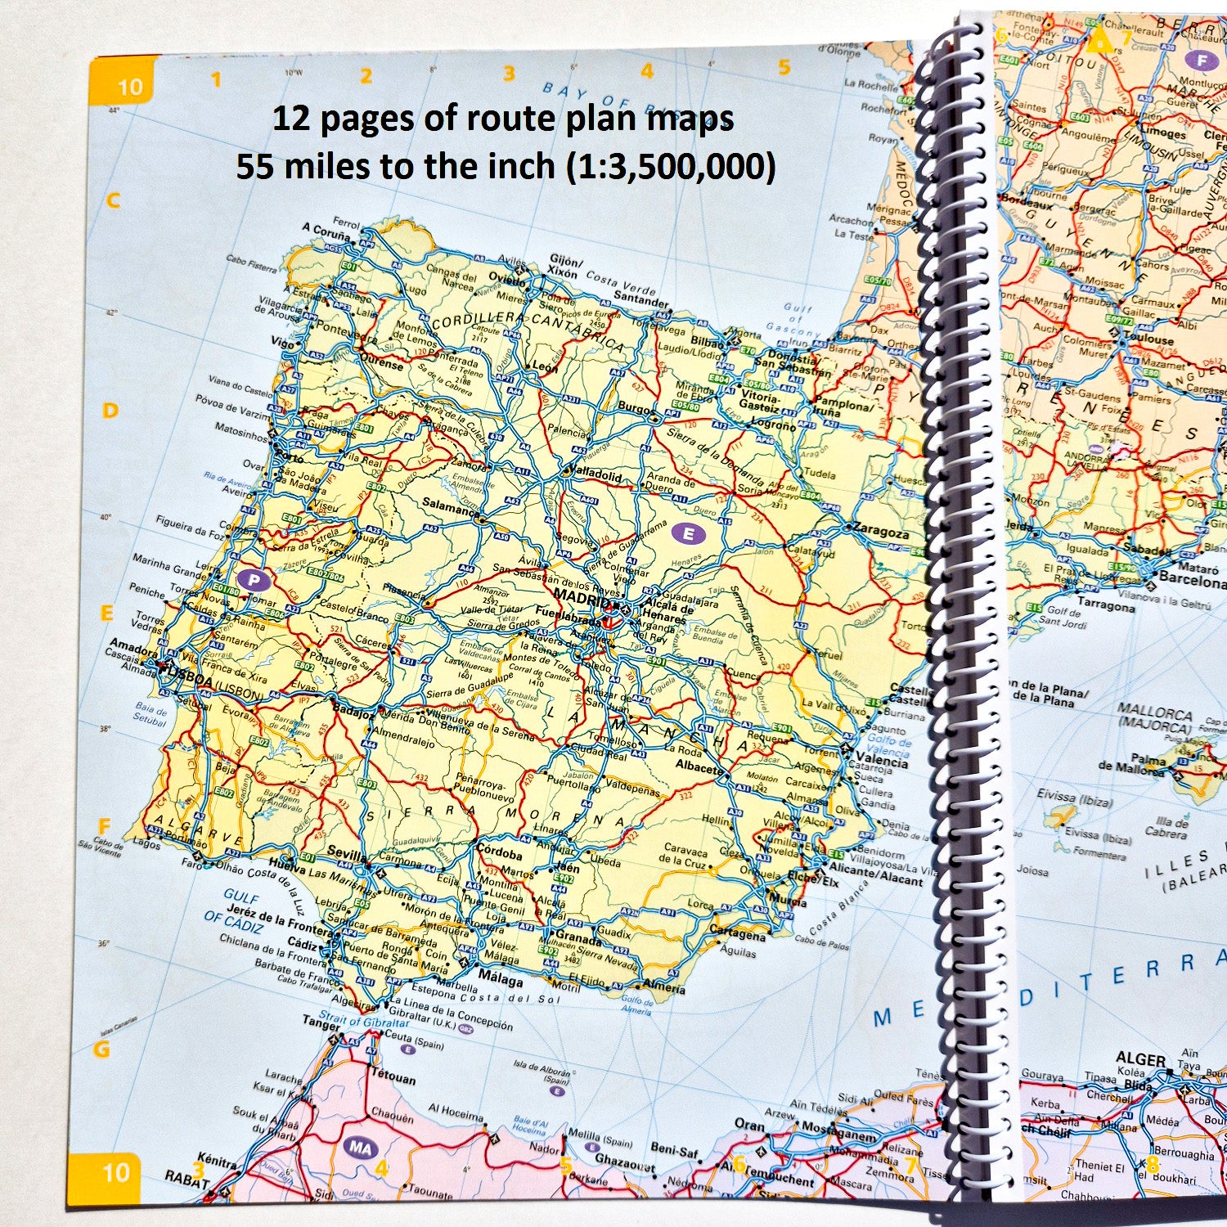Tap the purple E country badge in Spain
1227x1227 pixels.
pos(689,534)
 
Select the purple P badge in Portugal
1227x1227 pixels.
pos(254,581)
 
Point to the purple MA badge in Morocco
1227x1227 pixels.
pos(361,1148)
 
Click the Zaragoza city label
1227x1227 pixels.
pos(880,531)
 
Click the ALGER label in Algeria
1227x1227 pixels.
pos(1140,1059)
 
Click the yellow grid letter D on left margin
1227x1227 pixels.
pos(110,411)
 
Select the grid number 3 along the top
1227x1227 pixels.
pos(509,74)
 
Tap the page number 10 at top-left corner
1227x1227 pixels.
pos(129,88)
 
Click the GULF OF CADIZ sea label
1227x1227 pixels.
pos(236,906)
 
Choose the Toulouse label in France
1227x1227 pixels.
pos(1148,338)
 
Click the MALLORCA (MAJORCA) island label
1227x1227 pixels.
pos(1155,718)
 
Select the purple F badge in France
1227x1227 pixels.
pos(1202,61)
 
